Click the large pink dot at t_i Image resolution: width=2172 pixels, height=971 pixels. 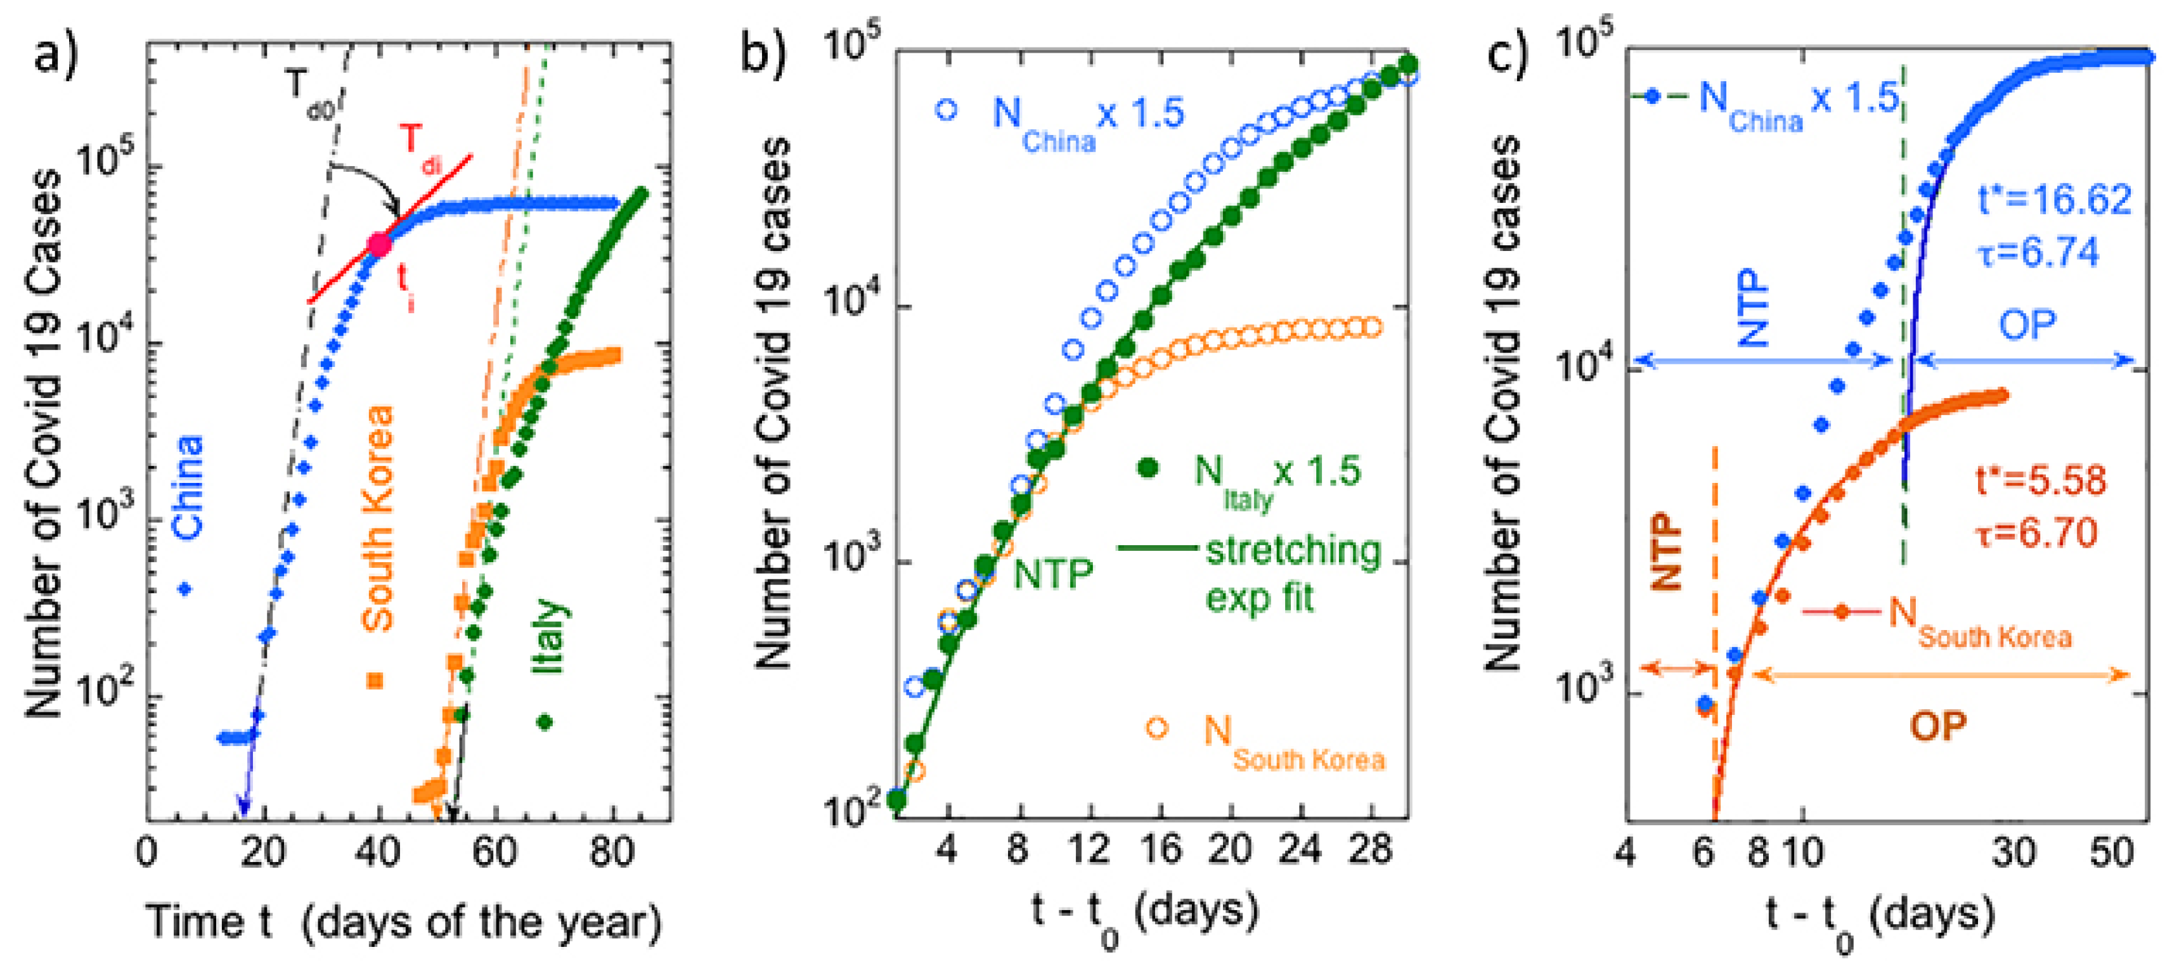coord(380,245)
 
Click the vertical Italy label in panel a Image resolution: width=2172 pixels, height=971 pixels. coord(548,636)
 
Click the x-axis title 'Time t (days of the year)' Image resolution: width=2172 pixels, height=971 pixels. coord(404,922)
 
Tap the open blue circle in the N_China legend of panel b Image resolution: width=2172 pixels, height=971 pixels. coord(947,110)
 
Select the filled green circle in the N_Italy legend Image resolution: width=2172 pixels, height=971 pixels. coord(1148,468)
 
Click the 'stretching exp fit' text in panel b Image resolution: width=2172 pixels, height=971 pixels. coord(1292,573)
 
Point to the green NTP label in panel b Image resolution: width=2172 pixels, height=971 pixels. coord(1052,575)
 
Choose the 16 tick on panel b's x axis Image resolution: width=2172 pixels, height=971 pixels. coord(1161,849)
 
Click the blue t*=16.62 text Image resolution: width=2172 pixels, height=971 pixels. coord(2054,200)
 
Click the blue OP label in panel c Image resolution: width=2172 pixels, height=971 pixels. coord(2027,325)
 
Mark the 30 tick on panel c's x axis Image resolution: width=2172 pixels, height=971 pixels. coord(2014,853)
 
